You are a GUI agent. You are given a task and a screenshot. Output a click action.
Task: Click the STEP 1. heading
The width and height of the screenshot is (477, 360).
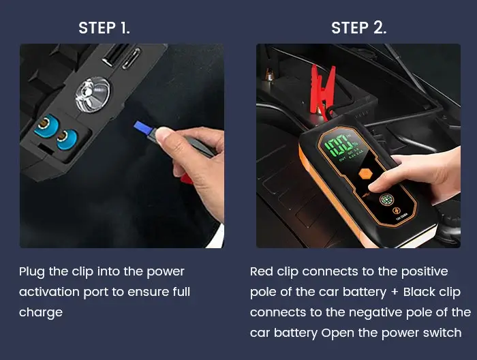click(x=104, y=28)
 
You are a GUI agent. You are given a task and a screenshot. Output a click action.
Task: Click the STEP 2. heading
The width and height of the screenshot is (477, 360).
click(x=358, y=28)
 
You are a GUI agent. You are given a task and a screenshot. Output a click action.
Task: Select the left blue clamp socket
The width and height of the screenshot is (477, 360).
click(x=47, y=126)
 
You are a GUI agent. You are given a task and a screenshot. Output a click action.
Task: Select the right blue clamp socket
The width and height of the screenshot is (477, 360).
click(x=66, y=138)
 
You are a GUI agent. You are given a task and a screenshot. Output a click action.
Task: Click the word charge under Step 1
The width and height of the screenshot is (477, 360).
click(x=40, y=312)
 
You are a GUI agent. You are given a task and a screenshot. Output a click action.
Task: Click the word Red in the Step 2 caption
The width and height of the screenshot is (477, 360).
click(x=262, y=271)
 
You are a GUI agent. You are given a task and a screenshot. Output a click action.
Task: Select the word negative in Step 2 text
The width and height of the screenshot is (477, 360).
click(x=378, y=312)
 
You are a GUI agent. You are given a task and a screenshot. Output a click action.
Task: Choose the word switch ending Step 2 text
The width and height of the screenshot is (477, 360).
click(x=443, y=333)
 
